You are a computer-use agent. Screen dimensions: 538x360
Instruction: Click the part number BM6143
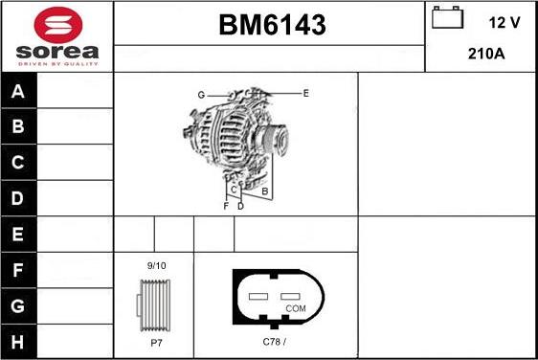272,25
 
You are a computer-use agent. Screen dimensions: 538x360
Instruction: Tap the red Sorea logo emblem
58,25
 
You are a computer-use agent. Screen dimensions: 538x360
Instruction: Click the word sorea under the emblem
57,52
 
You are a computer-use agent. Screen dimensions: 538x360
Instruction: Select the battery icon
447,17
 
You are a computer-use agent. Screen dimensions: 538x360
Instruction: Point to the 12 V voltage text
504,23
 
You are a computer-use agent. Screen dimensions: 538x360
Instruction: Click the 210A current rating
486,54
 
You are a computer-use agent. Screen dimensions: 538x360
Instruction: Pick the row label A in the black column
18,91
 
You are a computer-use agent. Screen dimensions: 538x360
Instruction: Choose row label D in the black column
17,198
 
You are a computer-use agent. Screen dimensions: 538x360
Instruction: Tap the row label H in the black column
17,342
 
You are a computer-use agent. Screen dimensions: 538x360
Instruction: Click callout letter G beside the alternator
201,95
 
